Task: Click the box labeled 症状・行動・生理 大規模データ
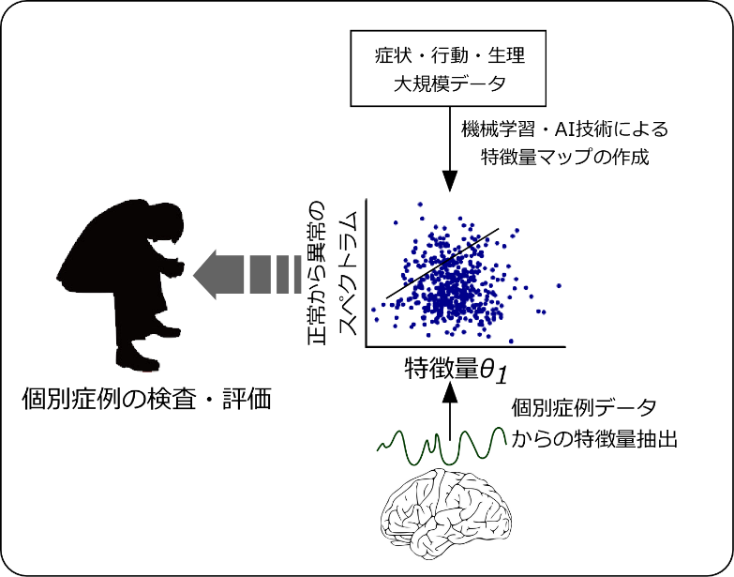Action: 448,68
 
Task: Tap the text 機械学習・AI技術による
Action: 565,129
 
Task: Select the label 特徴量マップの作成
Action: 565,157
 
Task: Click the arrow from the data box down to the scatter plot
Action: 449,149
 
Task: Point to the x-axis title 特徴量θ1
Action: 457,369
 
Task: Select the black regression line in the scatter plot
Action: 442,264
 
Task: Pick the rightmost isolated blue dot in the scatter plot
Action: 559,286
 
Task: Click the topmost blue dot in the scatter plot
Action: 420,205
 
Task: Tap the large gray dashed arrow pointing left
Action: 247,275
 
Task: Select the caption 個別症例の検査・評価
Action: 147,399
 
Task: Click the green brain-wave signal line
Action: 442,444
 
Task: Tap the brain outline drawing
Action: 447,511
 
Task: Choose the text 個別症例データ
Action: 584,408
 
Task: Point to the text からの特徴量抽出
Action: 594,440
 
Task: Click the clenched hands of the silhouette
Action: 176,267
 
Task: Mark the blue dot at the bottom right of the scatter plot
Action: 511,341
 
